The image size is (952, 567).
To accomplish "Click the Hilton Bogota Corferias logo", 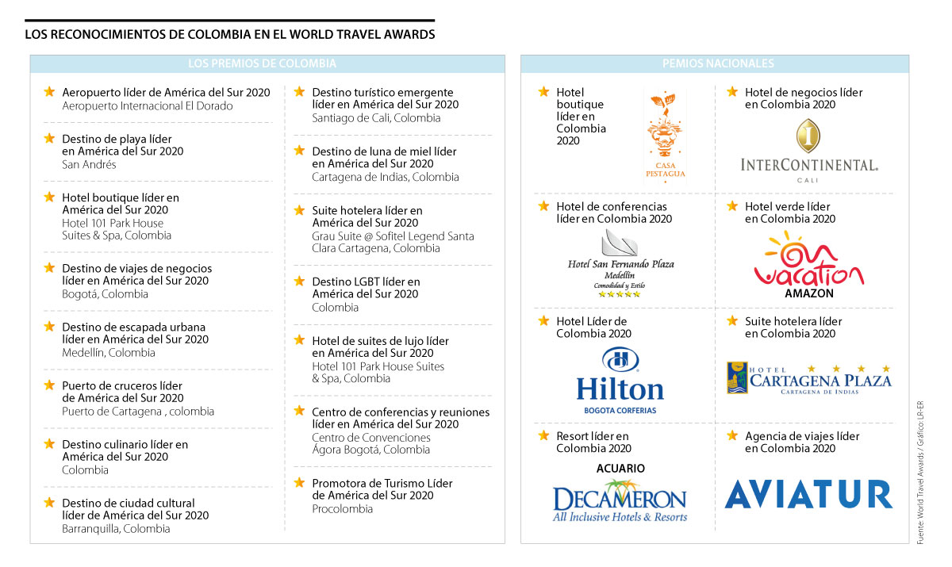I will tap(620, 381).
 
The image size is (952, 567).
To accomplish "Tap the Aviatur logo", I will tap(808, 494).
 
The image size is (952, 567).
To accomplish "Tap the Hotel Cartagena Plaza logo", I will tap(808, 378).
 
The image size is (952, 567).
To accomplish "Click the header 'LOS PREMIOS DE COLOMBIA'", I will tap(262, 64).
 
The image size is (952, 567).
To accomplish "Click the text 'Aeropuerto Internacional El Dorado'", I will tap(148, 105).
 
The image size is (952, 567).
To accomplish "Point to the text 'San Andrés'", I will tap(89, 165).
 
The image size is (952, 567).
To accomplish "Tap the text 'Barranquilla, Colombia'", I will tap(116, 528).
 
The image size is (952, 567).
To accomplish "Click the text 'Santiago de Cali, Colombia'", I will tap(376, 118).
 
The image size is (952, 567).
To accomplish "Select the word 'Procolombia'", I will tap(342, 509).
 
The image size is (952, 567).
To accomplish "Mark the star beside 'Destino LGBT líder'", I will tap(299, 281).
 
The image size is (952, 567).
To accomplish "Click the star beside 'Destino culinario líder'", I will tap(49, 444).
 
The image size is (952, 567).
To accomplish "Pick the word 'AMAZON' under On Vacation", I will tap(808, 293).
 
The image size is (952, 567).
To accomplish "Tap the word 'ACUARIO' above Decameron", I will tap(620, 469).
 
